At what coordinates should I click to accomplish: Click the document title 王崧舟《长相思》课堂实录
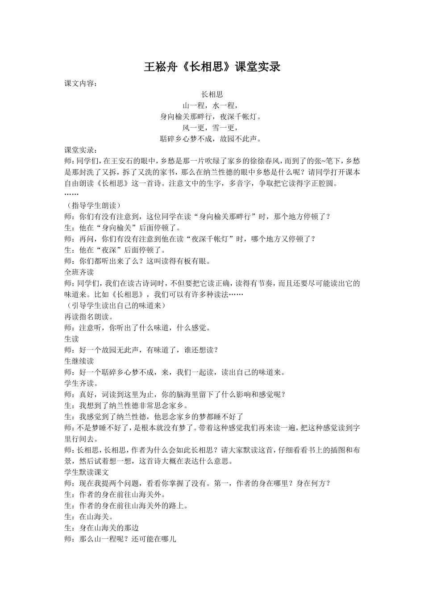tap(212, 67)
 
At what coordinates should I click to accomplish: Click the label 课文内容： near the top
tap(80, 83)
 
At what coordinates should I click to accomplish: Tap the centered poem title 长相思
tap(212, 94)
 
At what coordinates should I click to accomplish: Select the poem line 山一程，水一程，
tap(212, 105)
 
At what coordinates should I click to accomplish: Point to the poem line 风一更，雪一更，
tap(212, 128)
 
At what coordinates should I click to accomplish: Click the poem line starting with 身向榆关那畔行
tap(212, 117)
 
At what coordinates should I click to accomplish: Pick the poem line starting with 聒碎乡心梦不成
tap(212, 139)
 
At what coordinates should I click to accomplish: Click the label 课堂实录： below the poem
tap(80, 150)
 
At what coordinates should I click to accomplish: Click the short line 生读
tap(72, 339)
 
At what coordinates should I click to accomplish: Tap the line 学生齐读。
tap(81, 383)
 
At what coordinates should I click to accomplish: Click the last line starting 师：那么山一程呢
tap(121, 539)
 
